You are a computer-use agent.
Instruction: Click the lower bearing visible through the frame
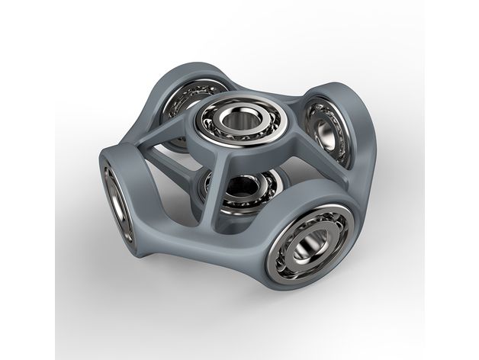click(240, 191)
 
